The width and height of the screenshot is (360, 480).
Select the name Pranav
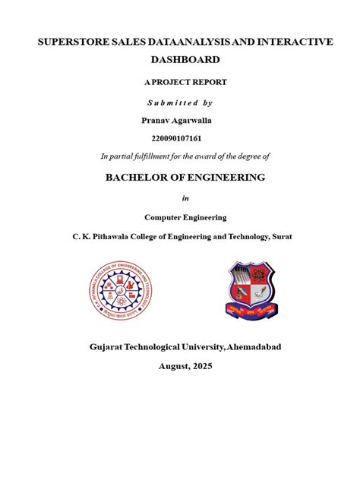click(x=157, y=119)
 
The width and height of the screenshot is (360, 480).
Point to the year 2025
click(x=201, y=366)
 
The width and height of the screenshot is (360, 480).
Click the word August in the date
click(x=172, y=366)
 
